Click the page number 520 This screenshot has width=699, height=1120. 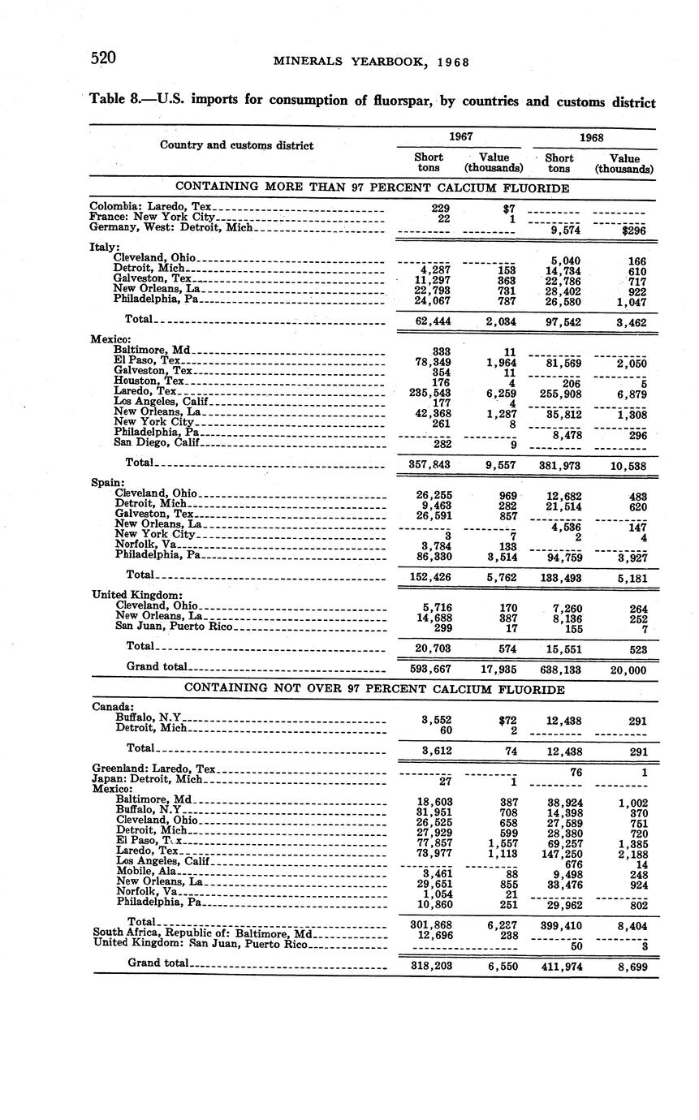(103, 58)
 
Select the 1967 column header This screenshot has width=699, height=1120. (460, 137)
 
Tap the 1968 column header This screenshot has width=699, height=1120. (592, 138)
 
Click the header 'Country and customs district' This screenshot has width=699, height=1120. (236, 145)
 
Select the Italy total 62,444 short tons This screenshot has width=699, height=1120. (432, 321)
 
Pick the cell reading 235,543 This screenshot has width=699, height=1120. (430, 392)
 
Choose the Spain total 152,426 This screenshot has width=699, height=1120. (431, 577)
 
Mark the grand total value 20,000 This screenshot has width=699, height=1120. (630, 670)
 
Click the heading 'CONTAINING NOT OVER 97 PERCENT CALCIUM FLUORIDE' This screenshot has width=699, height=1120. (374, 689)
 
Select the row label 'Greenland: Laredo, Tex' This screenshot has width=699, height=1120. (153, 769)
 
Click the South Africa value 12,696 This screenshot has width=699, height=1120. (432, 934)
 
